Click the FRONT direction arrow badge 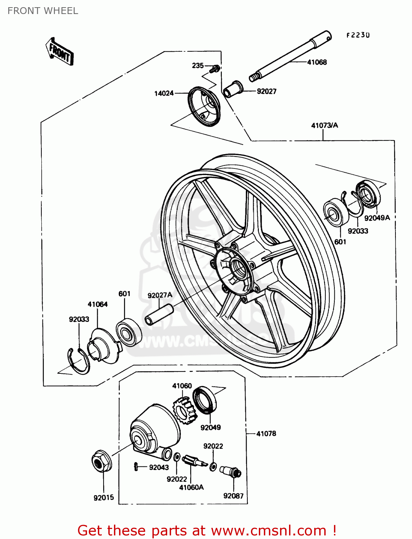[x=60, y=52]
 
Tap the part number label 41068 [x=317, y=62]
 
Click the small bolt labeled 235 [x=216, y=68]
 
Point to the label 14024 [x=164, y=93]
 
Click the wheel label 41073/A [x=324, y=125]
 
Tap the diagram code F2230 [x=358, y=35]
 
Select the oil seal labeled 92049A [x=368, y=194]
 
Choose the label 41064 [x=97, y=304]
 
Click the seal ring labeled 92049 [x=205, y=399]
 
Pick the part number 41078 [x=266, y=434]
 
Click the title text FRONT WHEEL [x=43, y=11]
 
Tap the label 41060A [x=191, y=487]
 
